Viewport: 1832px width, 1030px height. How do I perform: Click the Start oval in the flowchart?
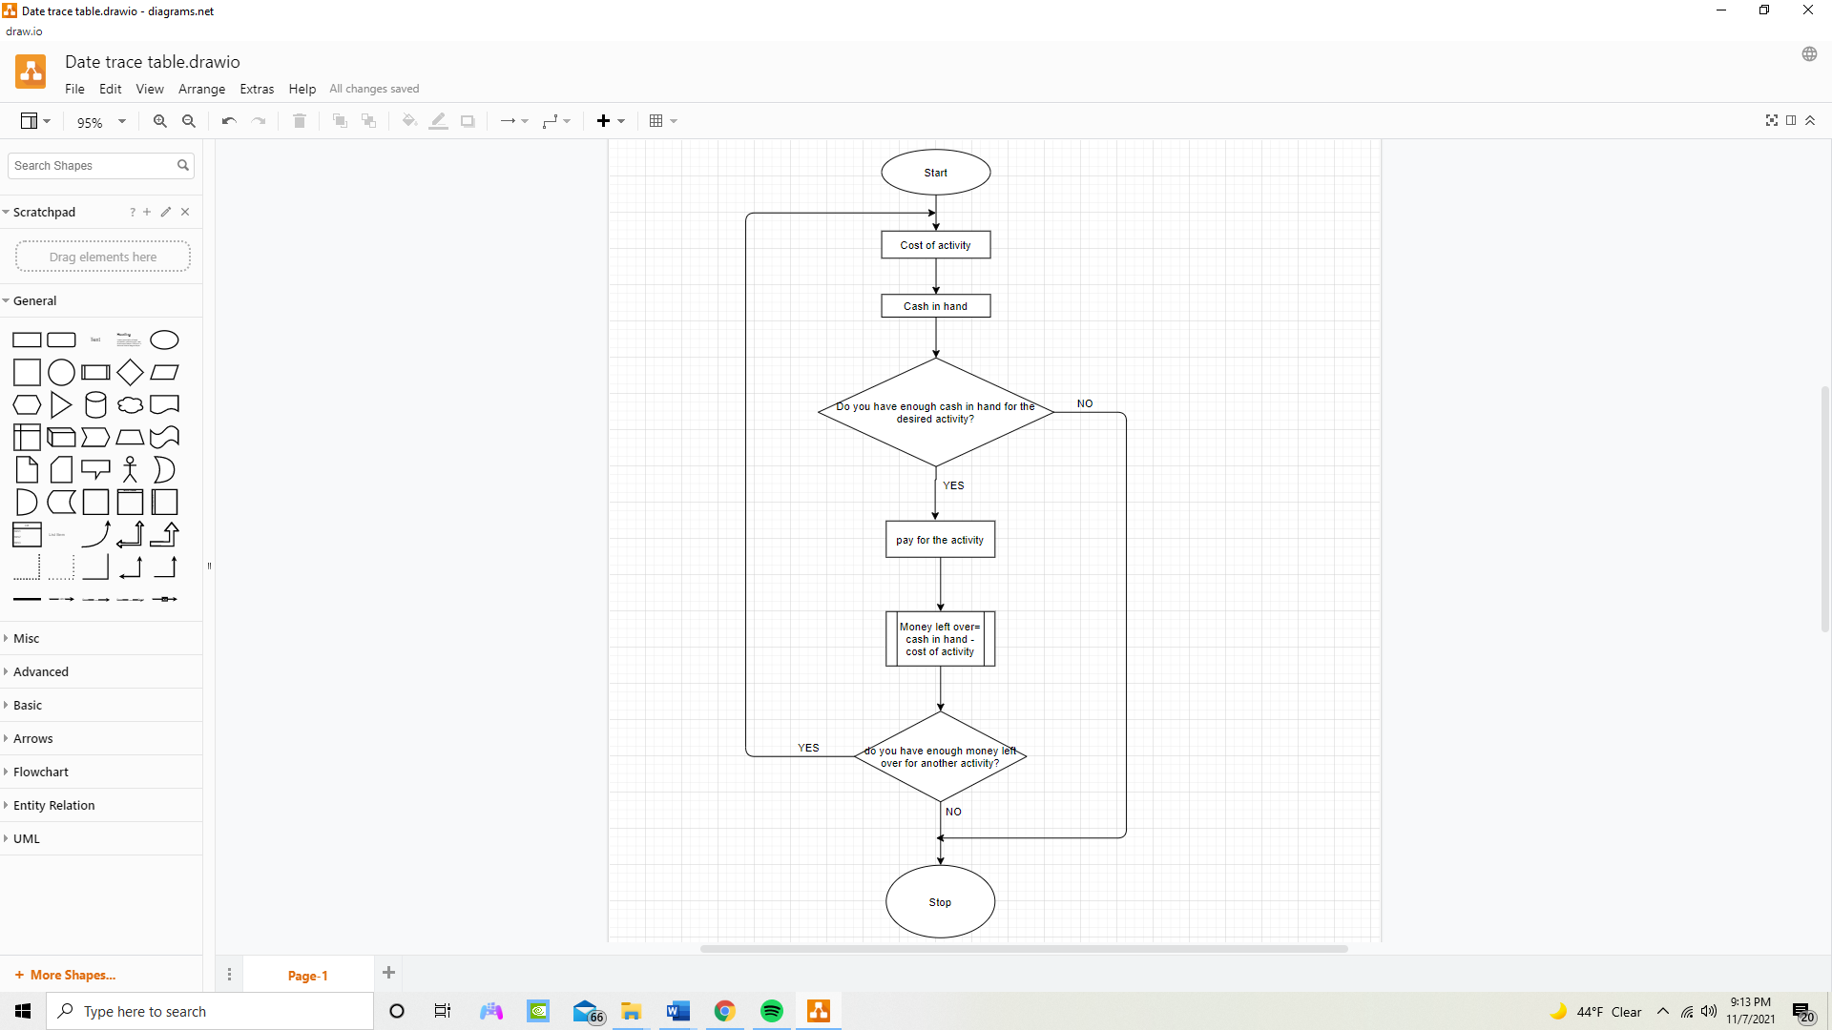coord(935,173)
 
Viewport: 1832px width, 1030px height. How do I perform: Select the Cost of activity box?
coord(935,245)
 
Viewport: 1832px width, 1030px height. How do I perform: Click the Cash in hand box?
coord(935,306)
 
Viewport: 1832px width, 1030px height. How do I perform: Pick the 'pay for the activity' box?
coord(940,540)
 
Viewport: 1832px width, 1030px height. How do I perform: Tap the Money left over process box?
coord(940,639)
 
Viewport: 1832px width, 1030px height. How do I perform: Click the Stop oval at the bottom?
coord(940,902)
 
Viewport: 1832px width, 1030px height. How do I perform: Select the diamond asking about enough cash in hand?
coord(935,434)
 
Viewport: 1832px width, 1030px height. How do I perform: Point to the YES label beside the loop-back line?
coord(808,748)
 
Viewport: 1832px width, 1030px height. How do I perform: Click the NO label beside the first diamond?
coord(1085,403)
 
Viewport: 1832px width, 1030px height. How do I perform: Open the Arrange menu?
coord(201,89)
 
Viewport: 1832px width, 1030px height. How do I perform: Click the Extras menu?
coord(257,89)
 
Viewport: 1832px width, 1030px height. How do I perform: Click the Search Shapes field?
coord(93,166)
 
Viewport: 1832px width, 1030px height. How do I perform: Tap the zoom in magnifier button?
coord(160,121)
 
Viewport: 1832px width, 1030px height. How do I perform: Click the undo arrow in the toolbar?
coord(229,121)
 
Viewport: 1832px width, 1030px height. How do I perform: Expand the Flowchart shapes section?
coord(41,772)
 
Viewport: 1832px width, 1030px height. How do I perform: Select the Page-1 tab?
coord(307,976)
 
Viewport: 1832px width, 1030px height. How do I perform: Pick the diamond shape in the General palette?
coord(130,372)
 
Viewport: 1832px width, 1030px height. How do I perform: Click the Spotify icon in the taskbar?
coord(771,1011)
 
